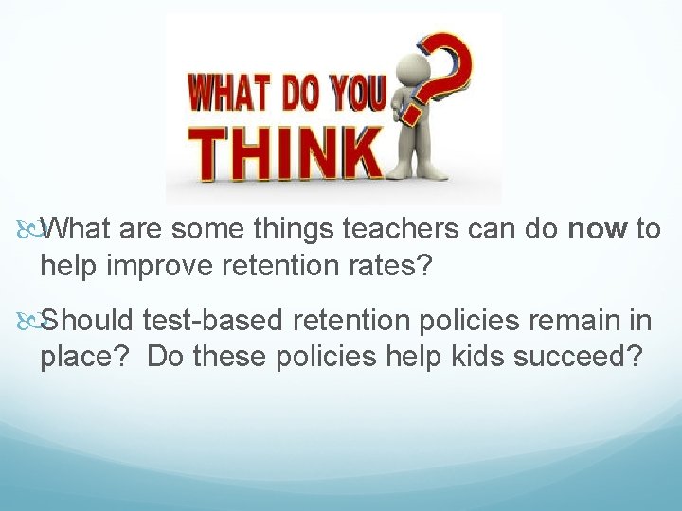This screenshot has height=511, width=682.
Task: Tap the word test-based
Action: click(x=214, y=322)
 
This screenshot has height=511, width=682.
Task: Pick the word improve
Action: click(x=163, y=266)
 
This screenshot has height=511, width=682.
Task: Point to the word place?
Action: click(x=88, y=358)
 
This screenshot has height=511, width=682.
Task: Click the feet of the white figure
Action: click(x=417, y=173)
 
